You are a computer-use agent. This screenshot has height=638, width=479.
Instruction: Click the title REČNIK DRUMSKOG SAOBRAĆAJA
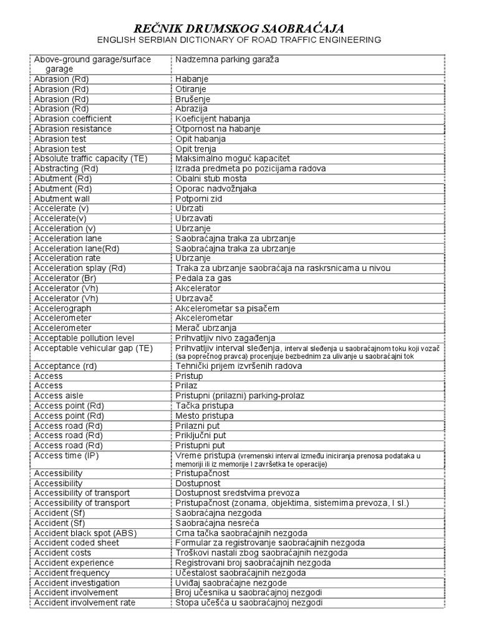(239, 28)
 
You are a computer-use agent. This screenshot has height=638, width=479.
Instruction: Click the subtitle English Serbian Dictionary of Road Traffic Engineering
(239, 40)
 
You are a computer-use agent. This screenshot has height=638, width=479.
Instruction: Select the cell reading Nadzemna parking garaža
(227, 59)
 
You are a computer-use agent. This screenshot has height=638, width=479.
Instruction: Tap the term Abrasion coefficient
(73, 119)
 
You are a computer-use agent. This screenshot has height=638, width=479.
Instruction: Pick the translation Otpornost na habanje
(218, 129)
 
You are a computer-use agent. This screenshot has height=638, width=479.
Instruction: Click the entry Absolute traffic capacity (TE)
(90, 159)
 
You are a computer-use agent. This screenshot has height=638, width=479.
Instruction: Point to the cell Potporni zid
(199, 199)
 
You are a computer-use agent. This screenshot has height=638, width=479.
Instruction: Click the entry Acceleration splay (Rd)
(80, 269)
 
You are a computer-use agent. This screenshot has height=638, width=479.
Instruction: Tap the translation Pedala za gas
(203, 279)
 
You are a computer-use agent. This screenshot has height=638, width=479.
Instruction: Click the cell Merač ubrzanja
(206, 328)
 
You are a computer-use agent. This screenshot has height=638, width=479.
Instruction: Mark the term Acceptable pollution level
(84, 338)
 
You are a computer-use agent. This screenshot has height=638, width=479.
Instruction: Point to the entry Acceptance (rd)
(65, 366)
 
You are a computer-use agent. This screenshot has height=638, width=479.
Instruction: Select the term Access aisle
(58, 396)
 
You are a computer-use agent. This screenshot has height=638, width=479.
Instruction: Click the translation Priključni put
(201, 436)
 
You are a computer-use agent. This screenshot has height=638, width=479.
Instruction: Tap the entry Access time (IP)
(66, 455)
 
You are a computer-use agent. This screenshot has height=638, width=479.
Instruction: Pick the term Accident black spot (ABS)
(85, 533)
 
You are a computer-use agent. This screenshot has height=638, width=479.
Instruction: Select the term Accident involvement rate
(84, 602)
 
